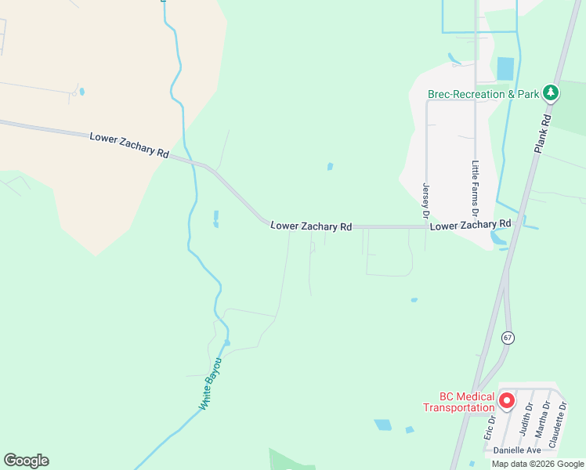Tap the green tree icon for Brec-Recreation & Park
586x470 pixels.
[551, 94]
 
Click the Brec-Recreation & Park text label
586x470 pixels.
[483, 94]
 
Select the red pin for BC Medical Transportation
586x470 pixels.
[506, 401]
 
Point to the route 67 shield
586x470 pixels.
[508, 338]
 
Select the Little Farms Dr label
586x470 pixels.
[476, 188]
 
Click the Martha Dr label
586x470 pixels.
[541, 418]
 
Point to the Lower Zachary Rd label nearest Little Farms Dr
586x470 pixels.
[470, 225]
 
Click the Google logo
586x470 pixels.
[26, 461]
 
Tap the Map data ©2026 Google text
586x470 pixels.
[537, 464]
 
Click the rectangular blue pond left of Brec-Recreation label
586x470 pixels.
[505, 68]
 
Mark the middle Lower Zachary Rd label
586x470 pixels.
[311, 226]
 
